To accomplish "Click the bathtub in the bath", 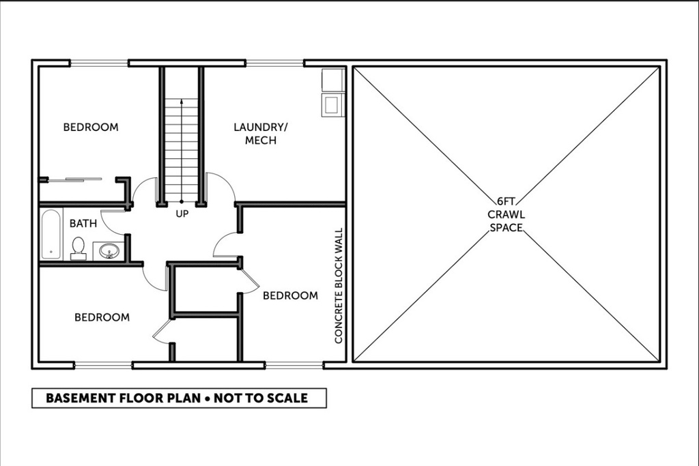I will [51, 234].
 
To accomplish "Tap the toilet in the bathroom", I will [79, 248].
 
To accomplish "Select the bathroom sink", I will [109, 251].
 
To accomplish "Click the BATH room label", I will [83, 223].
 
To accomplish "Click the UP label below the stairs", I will [182, 214].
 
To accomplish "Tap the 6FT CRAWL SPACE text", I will [506, 214].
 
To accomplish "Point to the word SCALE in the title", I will [288, 398].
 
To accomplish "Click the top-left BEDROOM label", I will [91, 127].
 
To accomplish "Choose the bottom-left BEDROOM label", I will [102, 317].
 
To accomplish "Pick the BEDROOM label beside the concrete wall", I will [290, 295].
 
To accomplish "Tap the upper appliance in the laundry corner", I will [332, 80].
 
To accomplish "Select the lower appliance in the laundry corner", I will [332, 104].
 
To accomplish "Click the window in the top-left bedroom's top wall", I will [99, 63].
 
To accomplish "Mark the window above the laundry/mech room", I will [274, 63].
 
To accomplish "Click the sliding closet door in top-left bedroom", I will [75, 179].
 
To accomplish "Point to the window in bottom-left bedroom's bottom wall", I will [103, 366].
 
